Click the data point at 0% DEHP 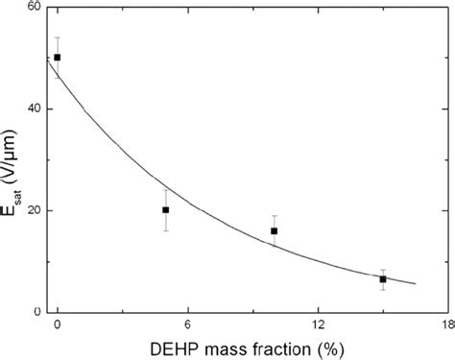tap(58, 58)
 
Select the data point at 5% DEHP tap(166, 209)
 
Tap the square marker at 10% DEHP tap(275, 230)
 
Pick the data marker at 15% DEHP tap(383, 279)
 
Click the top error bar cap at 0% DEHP tap(58, 37)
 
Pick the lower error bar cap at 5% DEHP tap(166, 230)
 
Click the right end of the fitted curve tap(416, 283)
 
